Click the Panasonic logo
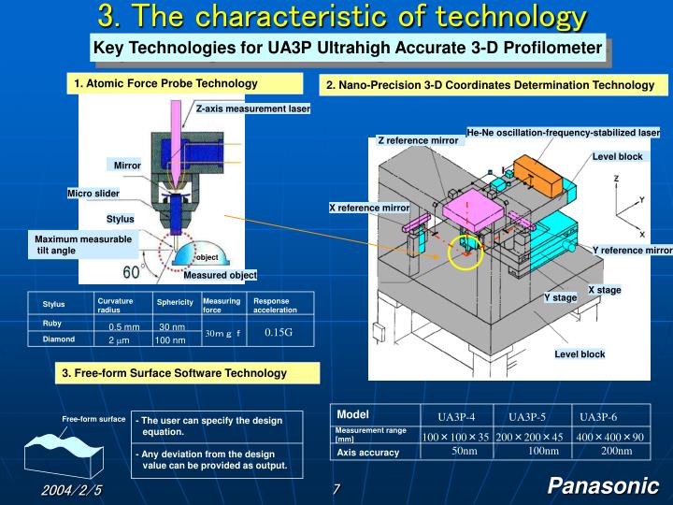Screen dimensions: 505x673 [x=603, y=485]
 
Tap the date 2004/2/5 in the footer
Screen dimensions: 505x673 [x=70, y=490]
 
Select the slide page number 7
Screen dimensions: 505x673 [x=336, y=490]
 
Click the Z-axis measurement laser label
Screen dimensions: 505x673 [x=252, y=108]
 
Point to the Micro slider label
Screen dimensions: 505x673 [x=93, y=194]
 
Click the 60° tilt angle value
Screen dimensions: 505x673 [x=132, y=272]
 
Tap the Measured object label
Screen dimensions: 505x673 [x=220, y=275]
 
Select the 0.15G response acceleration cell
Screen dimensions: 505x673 [x=279, y=332]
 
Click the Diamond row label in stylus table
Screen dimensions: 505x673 [x=58, y=339]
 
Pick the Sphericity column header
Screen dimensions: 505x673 [x=175, y=302]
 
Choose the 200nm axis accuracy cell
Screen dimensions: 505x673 [x=616, y=452]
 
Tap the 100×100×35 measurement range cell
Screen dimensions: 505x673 [x=455, y=437]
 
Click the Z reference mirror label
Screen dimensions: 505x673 [x=418, y=140]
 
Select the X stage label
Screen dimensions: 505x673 [x=604, y=290]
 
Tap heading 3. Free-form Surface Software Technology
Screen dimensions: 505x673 [x=175, y=373]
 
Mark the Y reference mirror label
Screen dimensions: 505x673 [x=632, y=251]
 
